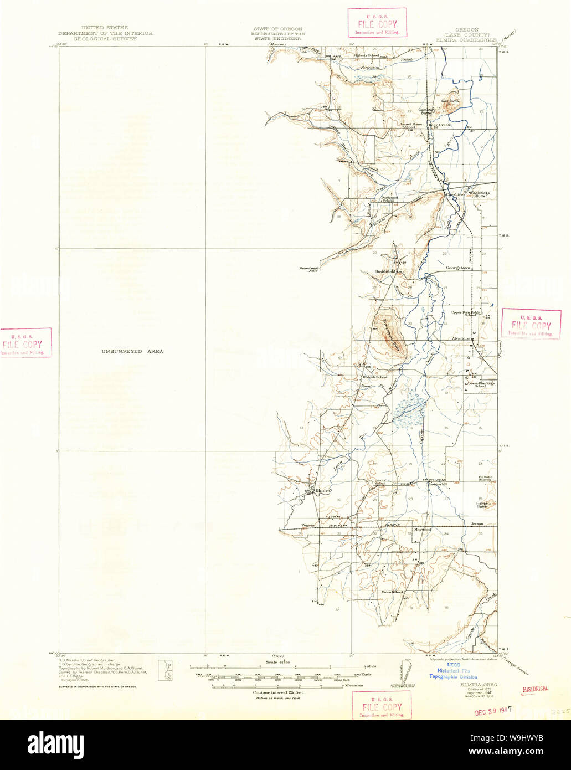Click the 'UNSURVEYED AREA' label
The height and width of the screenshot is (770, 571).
tap(132, 351)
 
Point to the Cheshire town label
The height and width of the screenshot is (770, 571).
tap(454, 194)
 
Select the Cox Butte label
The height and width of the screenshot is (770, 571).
tap(450, 101)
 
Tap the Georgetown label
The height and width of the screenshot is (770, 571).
tap(458, 268)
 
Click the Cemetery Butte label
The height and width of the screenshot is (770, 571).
tap(428, 111)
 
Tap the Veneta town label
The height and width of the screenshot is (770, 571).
tap(308, 524)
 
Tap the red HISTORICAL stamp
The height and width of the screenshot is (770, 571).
tap(535, 689)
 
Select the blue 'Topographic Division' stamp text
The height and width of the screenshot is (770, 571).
tap(452, 677)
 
